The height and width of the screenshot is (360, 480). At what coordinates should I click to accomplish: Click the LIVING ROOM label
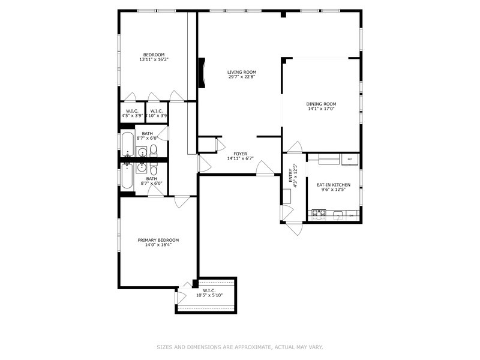[x=242, y=72]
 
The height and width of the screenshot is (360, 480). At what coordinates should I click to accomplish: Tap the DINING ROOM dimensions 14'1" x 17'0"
[x=321, y=109]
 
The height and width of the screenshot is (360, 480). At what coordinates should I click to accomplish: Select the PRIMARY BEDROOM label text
[x=158, y=240]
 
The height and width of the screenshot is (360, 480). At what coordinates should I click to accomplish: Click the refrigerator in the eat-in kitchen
[x=350, y=159]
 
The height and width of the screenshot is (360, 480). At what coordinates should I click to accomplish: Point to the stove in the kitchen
[x=319, y=215]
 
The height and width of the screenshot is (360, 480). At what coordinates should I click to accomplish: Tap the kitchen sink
[x=338, y=215]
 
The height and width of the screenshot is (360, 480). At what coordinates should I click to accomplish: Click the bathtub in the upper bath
[x=127, y=143]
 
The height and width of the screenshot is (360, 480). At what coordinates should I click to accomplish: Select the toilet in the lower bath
[x=154, y=169]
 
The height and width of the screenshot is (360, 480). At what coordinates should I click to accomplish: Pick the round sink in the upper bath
[x=142, y=152]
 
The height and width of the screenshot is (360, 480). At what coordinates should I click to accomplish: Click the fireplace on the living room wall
[x=202, y=73]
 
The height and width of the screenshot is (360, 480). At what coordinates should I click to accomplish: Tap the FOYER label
[x=241, y=154]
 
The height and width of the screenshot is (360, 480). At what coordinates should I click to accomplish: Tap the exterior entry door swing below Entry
[x=295, y=228]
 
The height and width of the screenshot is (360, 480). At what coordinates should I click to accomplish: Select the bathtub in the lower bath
[x=127, y=176]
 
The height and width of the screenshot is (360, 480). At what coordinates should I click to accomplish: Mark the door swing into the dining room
[x=295, y=147]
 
